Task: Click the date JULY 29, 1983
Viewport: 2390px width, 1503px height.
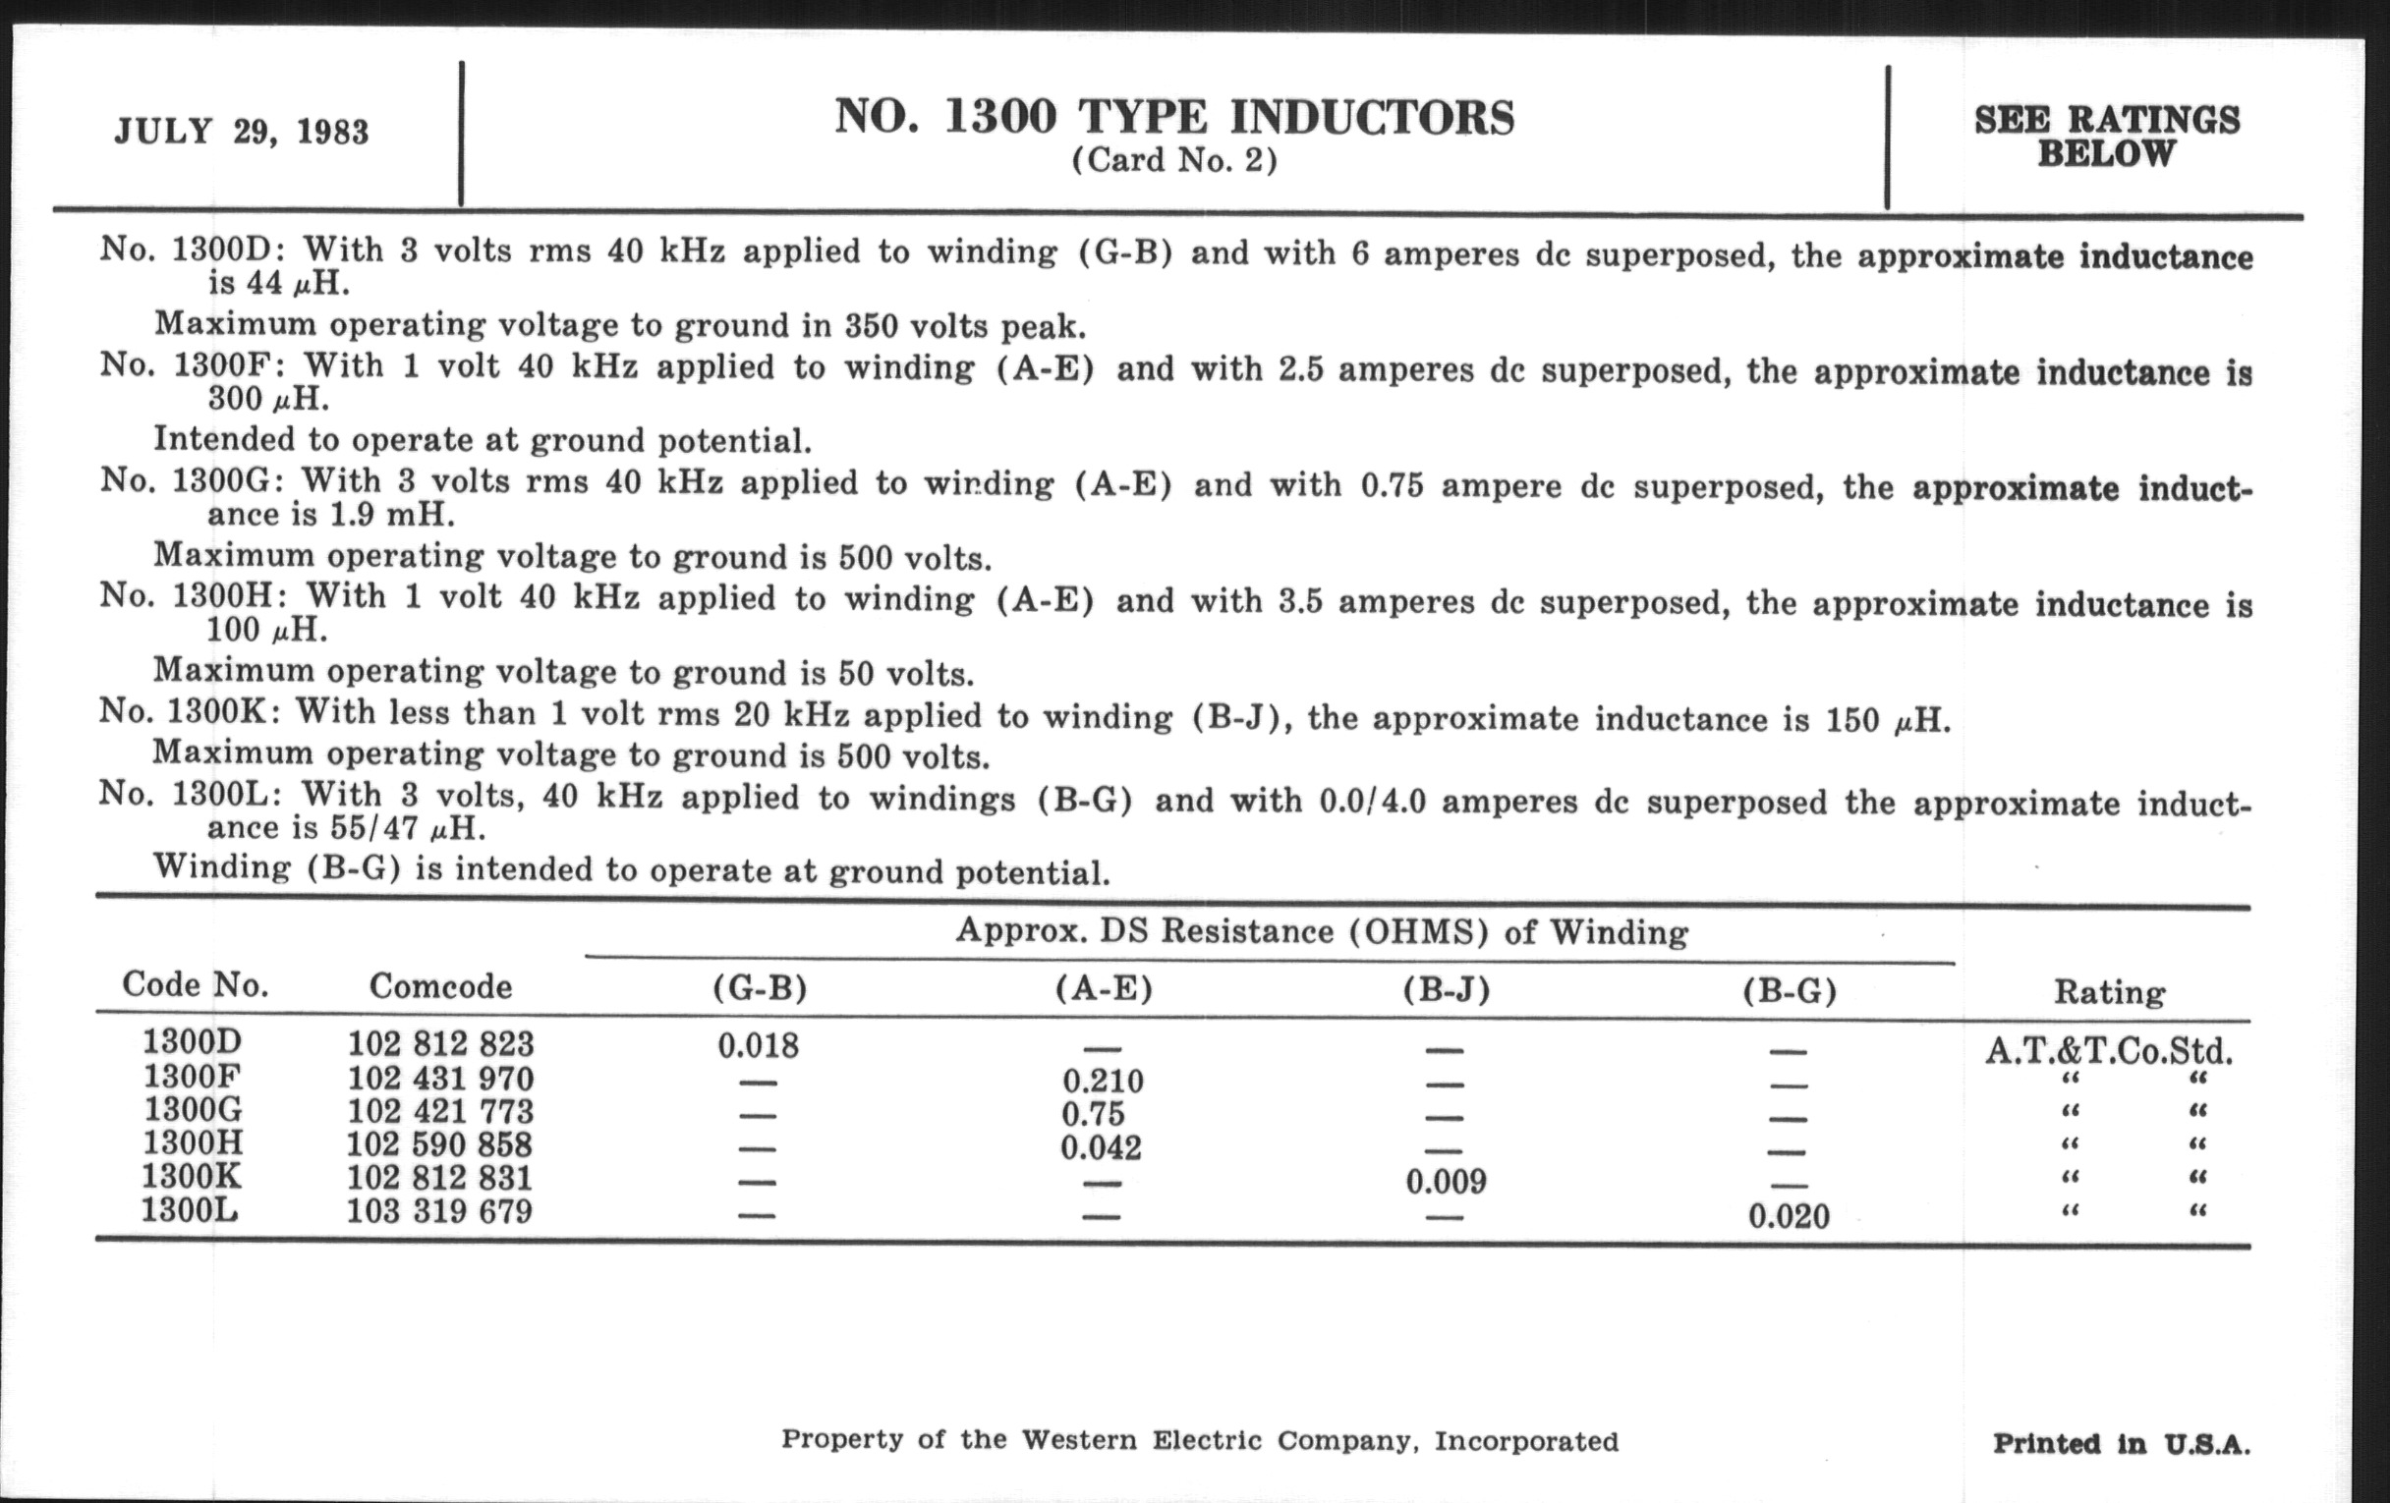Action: pos(241,132)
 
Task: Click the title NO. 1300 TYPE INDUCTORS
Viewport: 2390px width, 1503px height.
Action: pos(1174,117)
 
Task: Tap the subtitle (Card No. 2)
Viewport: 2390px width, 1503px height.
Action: pos(1174,161)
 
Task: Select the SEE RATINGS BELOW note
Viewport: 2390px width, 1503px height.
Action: pos(2106,137)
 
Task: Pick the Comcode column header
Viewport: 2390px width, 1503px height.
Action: pos(440,986)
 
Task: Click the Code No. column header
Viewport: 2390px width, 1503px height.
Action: pos(196,984)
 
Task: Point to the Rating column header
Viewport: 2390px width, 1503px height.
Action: pos(2109,992)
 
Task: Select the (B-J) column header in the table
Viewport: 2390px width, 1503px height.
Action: pos(1447,990)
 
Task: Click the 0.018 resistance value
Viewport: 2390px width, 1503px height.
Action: pos(759,1045)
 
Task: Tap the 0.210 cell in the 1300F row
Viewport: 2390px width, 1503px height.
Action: pos(1103,1081)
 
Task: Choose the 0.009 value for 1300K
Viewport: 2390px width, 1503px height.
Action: pos(1447,1182)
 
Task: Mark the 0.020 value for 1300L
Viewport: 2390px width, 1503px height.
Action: pos(1789,1216)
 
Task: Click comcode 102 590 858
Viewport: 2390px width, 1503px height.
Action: pos(438,1144)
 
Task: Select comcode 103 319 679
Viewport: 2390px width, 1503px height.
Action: pos(438,1212)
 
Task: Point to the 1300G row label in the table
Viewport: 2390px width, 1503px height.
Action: pos(193,1110)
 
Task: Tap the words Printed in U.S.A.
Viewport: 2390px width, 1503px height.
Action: pos(2121,1444)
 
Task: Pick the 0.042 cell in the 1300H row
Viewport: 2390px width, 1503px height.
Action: pos(1101,1147)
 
